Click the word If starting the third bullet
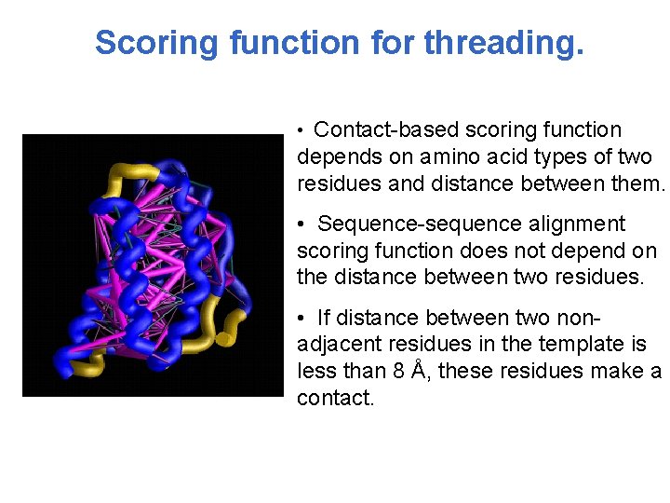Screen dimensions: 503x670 coord(325,318)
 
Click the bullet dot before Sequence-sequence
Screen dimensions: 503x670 coord(301,225)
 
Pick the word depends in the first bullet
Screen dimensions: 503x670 coord(333,156)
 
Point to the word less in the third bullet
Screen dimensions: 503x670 coord(315,371)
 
